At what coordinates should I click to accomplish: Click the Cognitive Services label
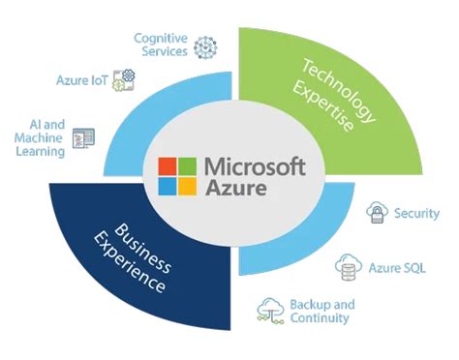coord(161,44)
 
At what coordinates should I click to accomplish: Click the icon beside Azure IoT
coord(124,77)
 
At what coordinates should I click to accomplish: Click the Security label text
coord(416,213)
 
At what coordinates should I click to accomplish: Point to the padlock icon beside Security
coord(377,214)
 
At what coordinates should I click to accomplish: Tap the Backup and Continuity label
coord(321,311)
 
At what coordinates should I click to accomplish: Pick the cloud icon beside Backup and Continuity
coord(270,310)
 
